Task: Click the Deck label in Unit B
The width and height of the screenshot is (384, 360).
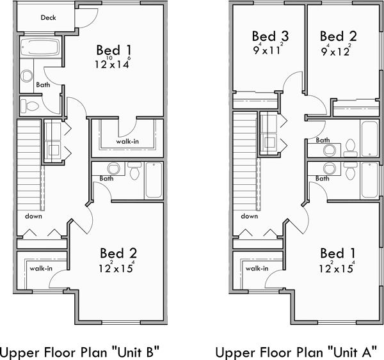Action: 47,17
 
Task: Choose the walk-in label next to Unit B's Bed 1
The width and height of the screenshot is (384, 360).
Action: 128,141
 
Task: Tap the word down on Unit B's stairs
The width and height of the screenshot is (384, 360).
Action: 35,216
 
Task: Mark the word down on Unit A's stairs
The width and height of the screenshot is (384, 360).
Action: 250,216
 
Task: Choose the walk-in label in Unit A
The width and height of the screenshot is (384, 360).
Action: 257,269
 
